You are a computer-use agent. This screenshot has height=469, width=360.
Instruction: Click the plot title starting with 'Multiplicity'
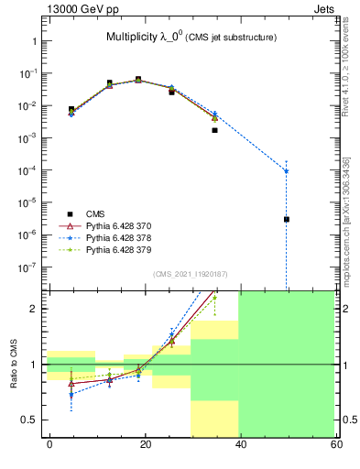(190, 38)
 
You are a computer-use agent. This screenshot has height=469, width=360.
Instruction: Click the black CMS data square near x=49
(287, 219)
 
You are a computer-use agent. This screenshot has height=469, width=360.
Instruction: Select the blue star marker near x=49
(287, 171)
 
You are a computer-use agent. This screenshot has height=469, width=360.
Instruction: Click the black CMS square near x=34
(214, 130)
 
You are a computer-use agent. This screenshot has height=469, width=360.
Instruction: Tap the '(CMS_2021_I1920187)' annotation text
(190, 273)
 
